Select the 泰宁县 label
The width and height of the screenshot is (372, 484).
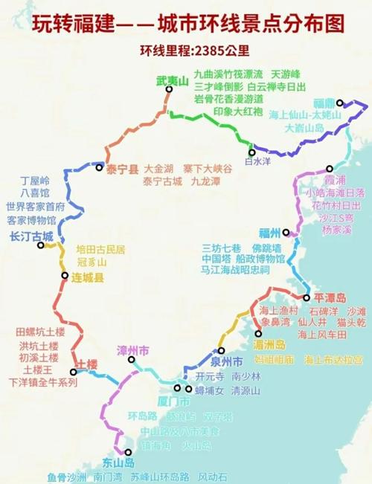pos(123,170)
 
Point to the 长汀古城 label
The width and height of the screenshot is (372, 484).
pos(32,237)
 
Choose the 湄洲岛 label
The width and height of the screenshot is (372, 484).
pos(269,345)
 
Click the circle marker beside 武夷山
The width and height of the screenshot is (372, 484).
pos(169,89)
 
